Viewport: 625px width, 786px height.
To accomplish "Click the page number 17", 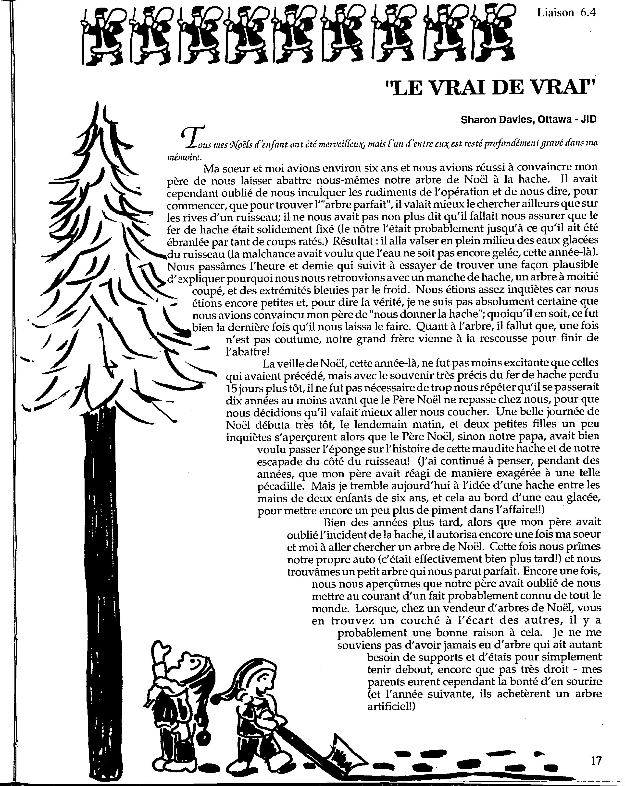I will click(x=596, y=761).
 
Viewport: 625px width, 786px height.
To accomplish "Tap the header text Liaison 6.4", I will click(x=566, y=13).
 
